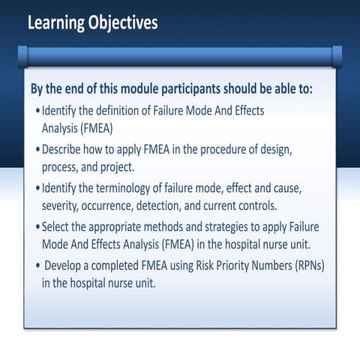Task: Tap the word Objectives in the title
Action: (x=124, y=23)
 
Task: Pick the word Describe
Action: (x=67, y=148)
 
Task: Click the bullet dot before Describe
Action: (x=38, y=149)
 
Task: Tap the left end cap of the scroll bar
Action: (x=22, y=55)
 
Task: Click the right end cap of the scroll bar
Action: (x=337, y=55)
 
